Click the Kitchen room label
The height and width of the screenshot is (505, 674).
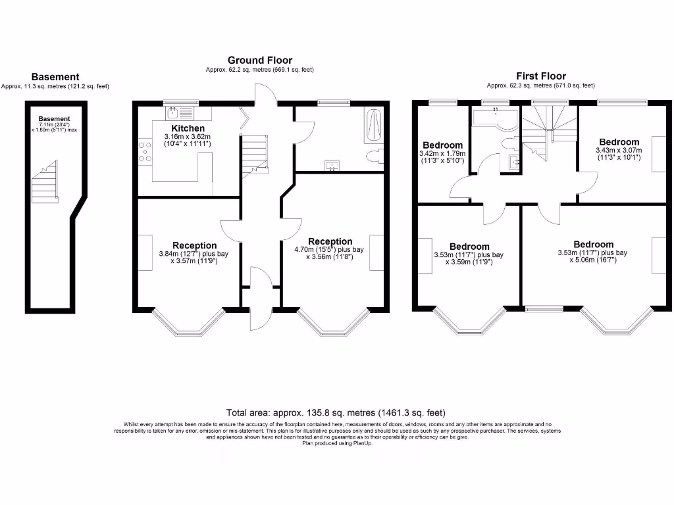[188, 128]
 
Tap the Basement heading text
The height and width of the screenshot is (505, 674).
[55, 77]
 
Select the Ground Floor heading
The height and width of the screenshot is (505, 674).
[260, 60]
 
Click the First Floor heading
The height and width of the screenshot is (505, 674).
[541, 76]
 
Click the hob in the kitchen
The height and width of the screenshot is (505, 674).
[144, 152]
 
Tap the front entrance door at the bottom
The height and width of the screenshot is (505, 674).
[261, 309]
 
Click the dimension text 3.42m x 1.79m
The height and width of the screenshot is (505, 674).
[442, 154]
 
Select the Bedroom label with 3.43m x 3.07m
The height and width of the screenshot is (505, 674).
[619, 142]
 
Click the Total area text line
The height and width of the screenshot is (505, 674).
[336, 413]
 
